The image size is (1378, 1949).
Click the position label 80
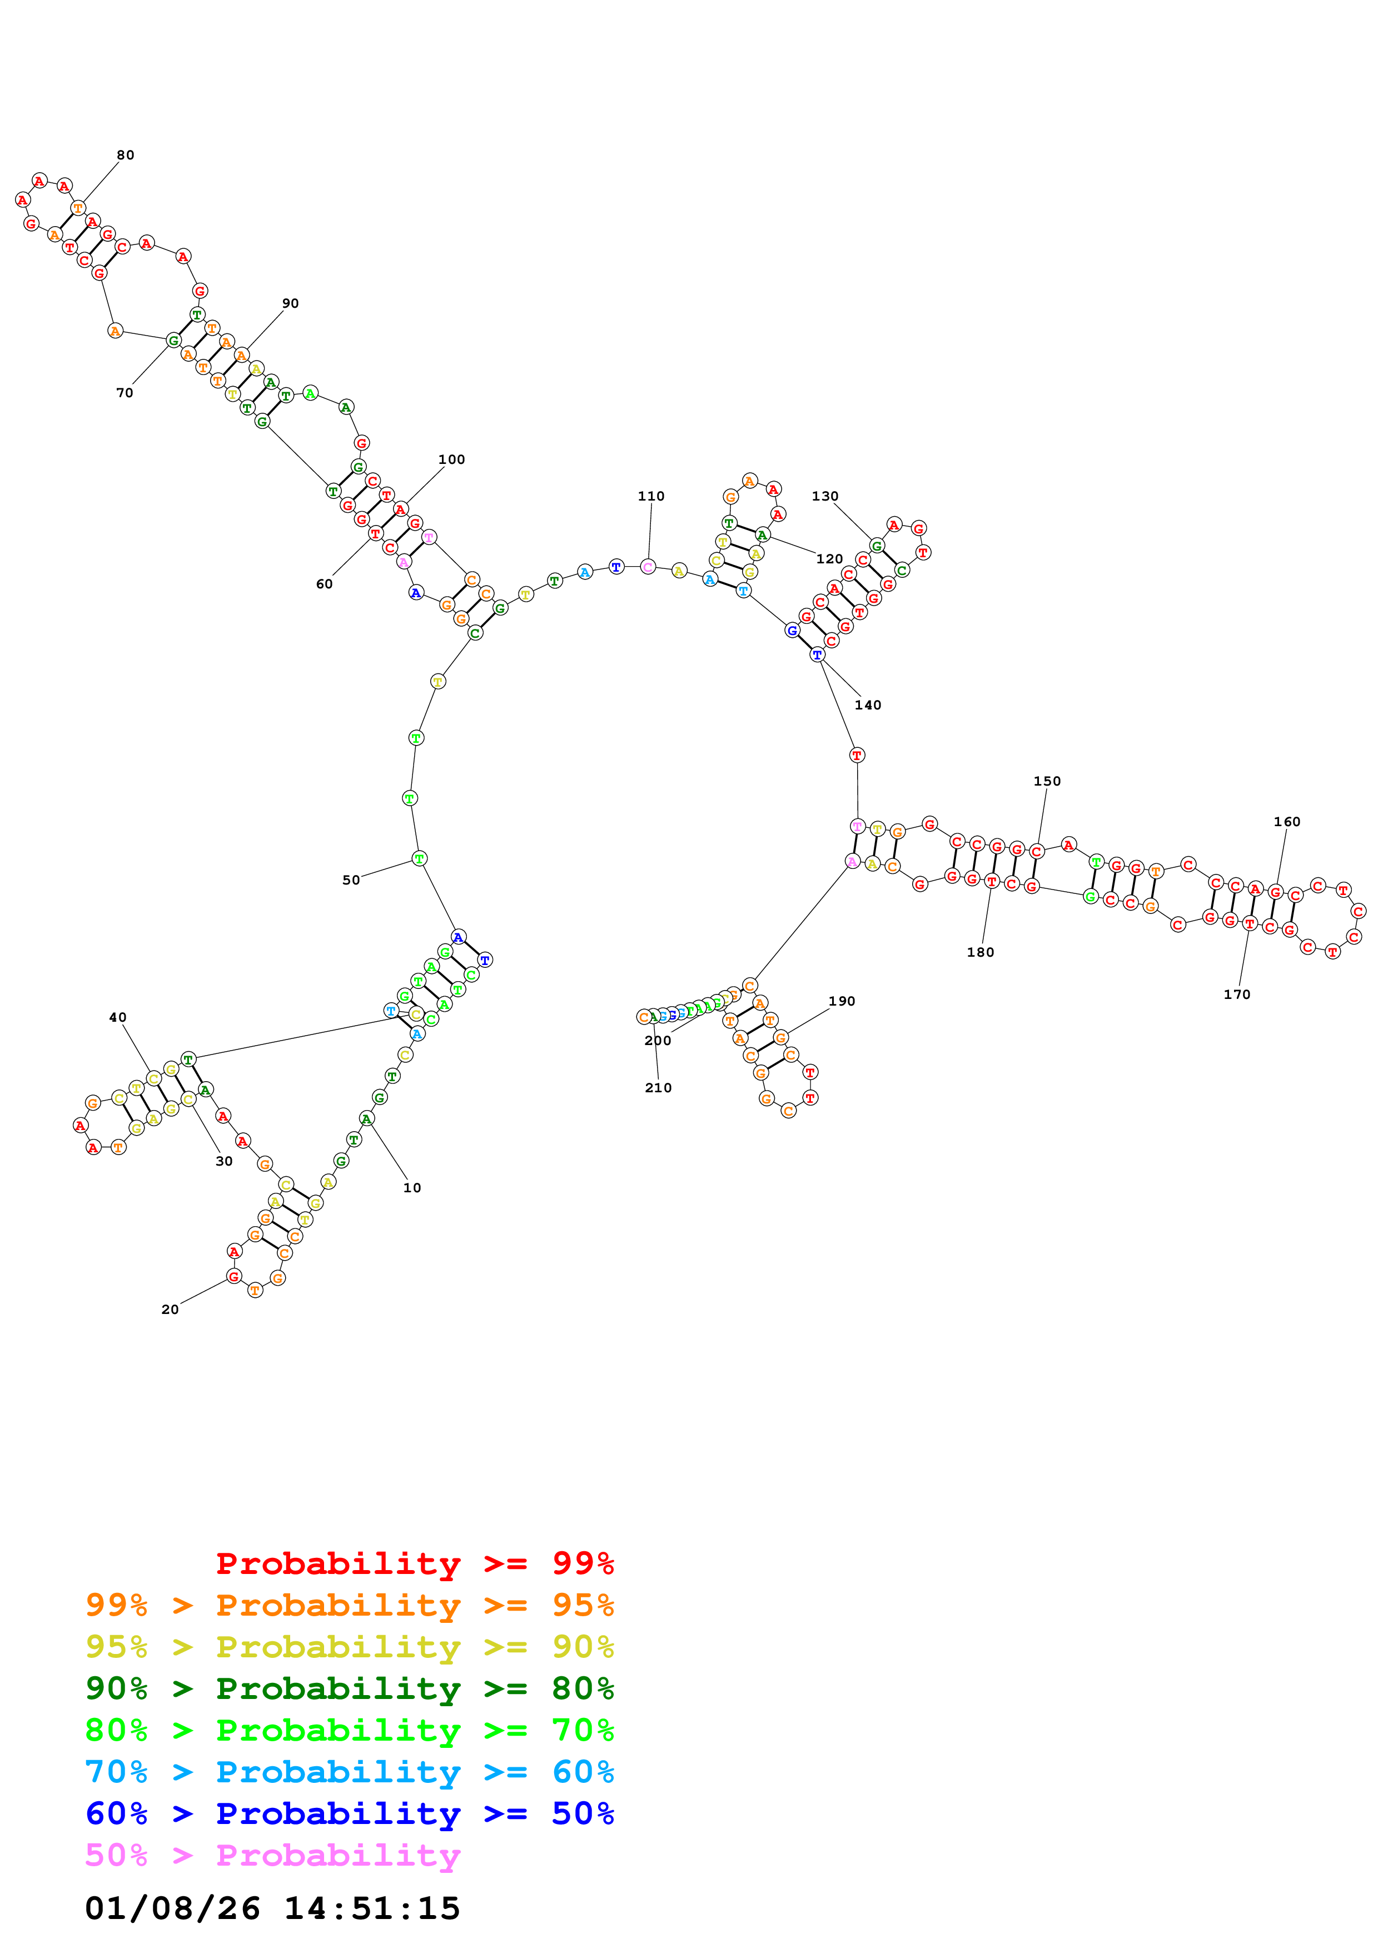point(125,156)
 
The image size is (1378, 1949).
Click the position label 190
point(842,1002)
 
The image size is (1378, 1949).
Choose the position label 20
point(170,1310)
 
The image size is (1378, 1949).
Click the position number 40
point(117,1018)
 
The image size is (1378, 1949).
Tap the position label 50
point(351,880)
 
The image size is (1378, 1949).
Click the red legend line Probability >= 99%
point(414,1563)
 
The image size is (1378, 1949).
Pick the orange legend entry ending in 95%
point(350,1605)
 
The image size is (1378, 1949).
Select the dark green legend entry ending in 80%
point(350,1688)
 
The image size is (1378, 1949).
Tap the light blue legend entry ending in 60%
point(350,1772)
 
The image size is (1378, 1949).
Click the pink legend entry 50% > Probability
point(272,1855)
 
